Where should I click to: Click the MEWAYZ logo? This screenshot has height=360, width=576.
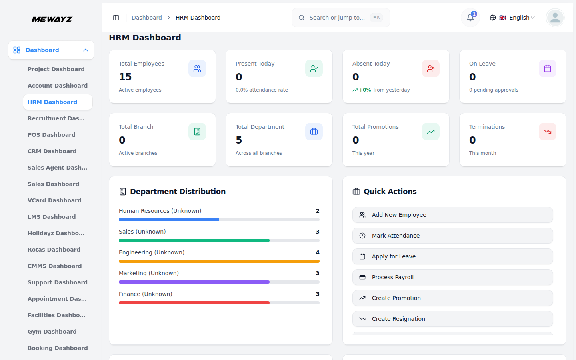click(52, 19)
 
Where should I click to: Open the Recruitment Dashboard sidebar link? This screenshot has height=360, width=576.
click(56, 118)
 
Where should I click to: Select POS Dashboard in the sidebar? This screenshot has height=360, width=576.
click(51, 135)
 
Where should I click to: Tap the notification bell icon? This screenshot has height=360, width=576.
click(470, 18)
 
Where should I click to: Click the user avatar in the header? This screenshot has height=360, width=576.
click(555, 18)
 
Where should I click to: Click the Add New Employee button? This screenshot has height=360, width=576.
click(452, 215)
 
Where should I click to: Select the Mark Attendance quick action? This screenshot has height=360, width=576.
click(452, 236)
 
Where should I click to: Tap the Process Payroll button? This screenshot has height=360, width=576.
click(452, 277)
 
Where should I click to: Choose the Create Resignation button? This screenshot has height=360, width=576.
click(452, 319)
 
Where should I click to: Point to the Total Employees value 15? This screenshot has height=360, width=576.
click(125, 77)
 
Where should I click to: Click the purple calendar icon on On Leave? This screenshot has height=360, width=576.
click(547, 68)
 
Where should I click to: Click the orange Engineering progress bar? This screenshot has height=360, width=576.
click(219, 261)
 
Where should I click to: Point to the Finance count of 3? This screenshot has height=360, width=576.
click(318, 294)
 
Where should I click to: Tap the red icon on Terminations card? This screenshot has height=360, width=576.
click(547, 132)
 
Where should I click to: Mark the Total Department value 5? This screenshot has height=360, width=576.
click(239, 140)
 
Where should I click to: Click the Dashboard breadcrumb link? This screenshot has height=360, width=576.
click(146, 18)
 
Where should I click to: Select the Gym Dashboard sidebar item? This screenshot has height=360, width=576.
click(52, 332)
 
